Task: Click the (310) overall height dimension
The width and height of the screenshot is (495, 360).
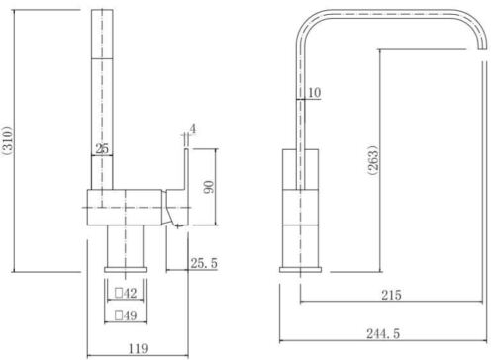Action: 7,140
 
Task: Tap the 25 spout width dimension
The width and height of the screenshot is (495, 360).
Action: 102,149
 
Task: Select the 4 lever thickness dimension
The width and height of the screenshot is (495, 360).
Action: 193,129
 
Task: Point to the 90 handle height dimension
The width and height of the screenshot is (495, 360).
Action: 209,187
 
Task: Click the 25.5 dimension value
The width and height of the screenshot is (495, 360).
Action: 204,263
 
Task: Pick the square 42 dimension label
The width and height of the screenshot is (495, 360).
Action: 126,293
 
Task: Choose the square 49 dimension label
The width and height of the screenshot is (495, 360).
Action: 126,315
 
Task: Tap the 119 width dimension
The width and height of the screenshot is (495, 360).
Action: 138,348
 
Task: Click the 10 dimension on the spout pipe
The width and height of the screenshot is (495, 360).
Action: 314,93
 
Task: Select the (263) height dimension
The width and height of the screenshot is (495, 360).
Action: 373,160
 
